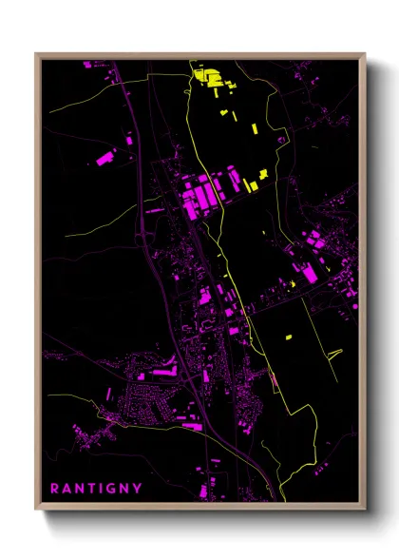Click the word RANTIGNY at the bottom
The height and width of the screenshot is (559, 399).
click(x=96, y=489)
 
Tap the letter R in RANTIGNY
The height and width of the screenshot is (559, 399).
click(x=55, y=489)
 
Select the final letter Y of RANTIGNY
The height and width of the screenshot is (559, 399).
click(x=138, y=489)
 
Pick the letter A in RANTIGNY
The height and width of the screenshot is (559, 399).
click(x=66, y=489)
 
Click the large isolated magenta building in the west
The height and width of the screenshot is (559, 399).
click(x=106, y=159)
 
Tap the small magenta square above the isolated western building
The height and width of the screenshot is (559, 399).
click(x=129, y=141)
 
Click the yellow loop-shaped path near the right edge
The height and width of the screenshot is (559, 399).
click(x=332, y=356)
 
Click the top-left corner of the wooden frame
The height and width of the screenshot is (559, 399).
click(x=37, y=54)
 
